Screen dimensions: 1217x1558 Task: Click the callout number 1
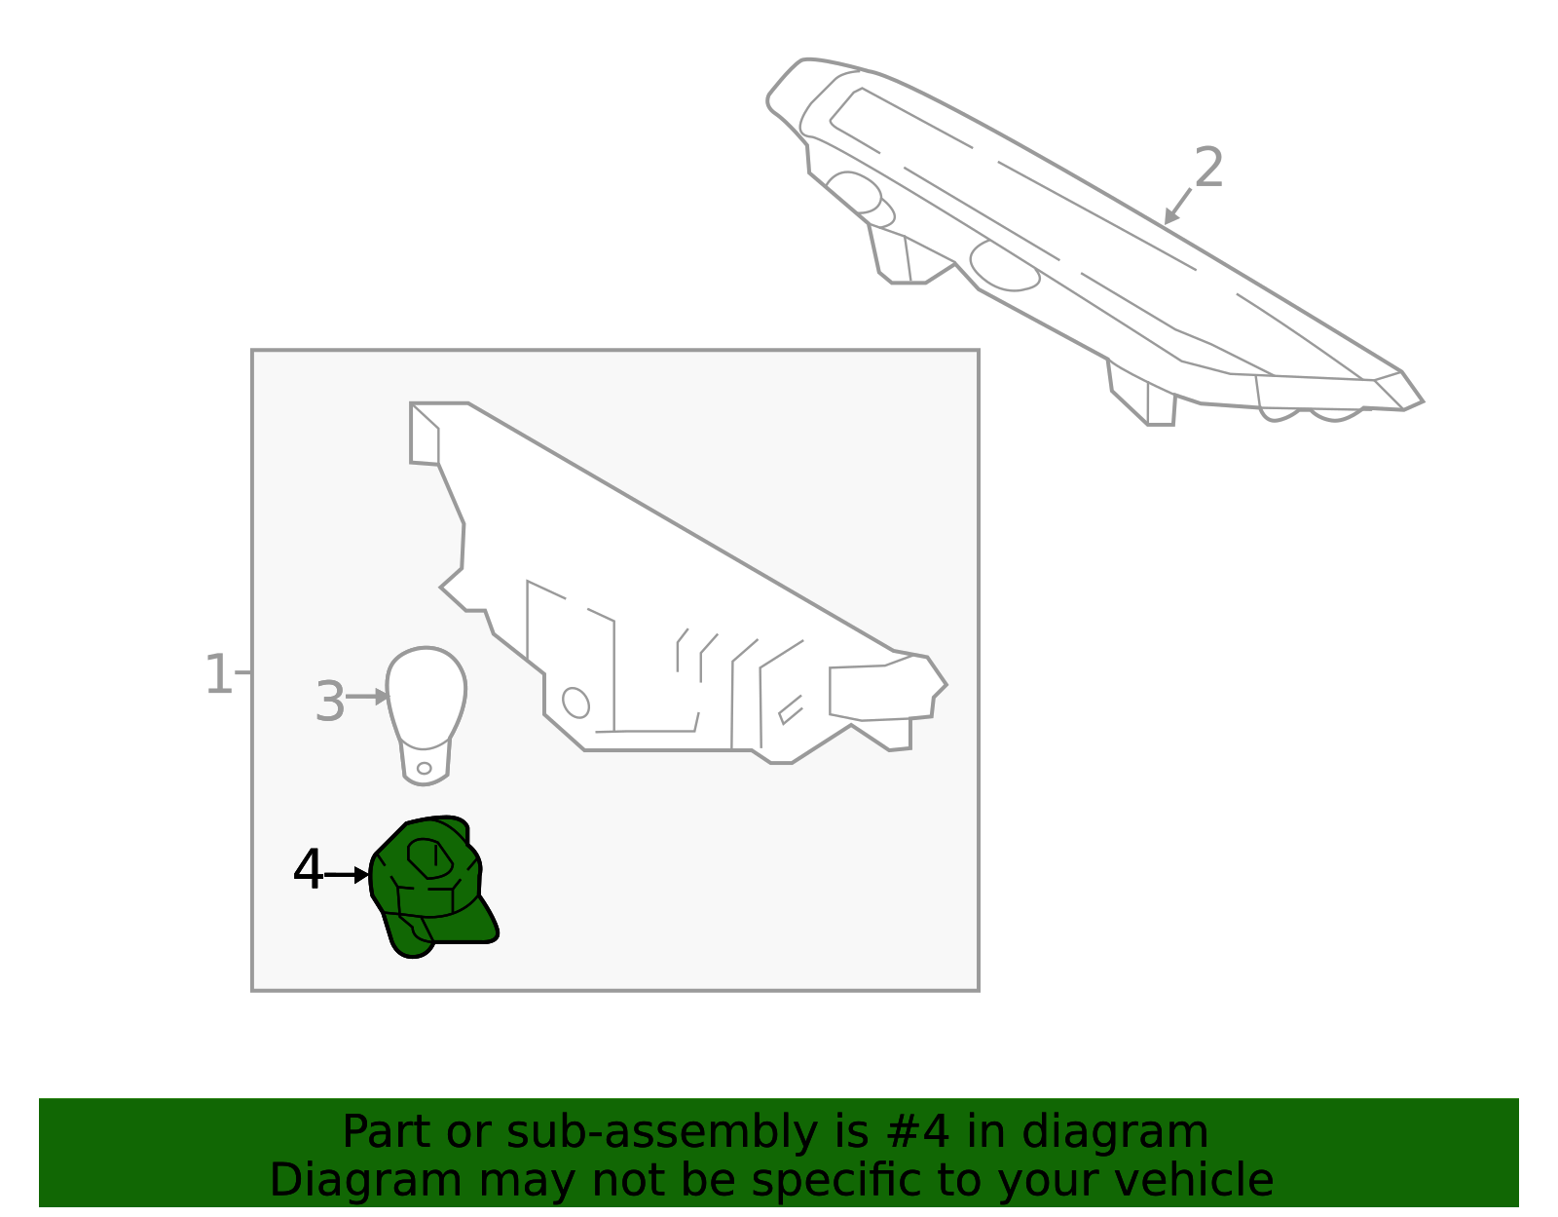coord(217,674)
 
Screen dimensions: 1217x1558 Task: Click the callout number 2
coord(1208,168)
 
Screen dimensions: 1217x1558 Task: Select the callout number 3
coord(330,702)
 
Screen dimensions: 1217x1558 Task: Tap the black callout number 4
coord(308,870)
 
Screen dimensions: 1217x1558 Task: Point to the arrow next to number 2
coord(1177,207)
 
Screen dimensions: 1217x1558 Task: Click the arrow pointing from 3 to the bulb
coord(367,696)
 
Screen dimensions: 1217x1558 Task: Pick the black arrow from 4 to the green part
coord(347,875)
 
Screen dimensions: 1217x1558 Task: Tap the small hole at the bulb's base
coord(424,768)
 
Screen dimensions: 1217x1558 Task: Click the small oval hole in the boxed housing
coord(575,702)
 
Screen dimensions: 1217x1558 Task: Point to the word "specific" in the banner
coord(822,1180)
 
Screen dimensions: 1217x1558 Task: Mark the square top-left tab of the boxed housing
coord(426,434)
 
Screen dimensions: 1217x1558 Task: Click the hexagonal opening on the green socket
coord(428,857)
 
